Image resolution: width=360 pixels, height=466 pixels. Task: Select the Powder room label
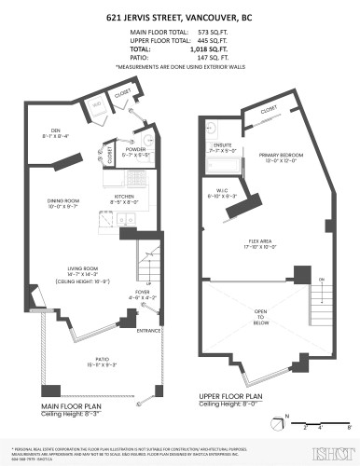137,149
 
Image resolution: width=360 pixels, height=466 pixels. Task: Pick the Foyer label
142,292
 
